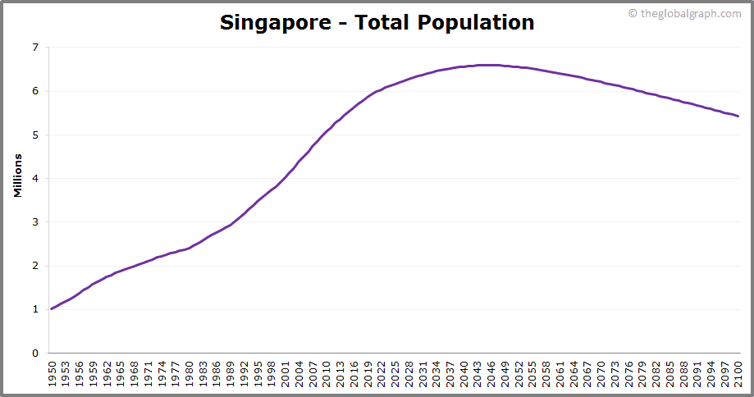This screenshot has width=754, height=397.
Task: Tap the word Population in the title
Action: [476, 23]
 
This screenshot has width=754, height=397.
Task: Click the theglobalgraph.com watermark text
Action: [689, 13]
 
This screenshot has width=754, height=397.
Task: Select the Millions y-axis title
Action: [17, 174]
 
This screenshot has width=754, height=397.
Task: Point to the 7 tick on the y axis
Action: [34, 48]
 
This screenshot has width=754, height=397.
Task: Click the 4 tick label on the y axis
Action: [34, 179]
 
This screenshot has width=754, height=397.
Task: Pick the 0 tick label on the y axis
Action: [34, 354]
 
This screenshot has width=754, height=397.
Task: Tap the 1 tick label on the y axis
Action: [34, 309]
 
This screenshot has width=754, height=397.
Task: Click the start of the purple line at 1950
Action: [52, 309]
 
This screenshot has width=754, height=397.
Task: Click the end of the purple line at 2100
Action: [738, 116]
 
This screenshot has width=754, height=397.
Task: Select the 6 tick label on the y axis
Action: [34, 91]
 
